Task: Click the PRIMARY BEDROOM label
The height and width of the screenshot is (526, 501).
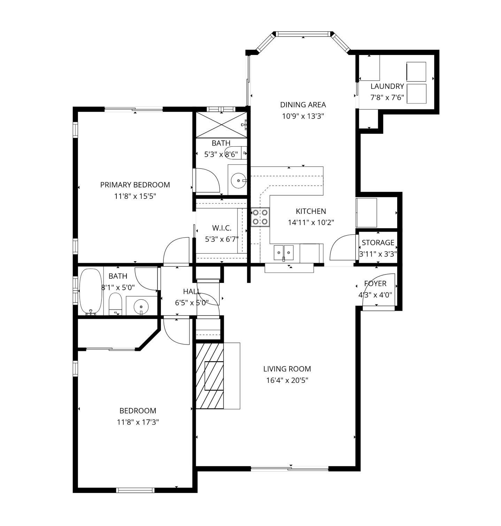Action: pyautogui.click(x=135, y=185)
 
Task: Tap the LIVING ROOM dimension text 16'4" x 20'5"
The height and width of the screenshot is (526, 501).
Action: pyautogui.click(x=287, y=380)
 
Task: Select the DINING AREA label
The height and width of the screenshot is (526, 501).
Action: pyautogui.click(x=303, y=105)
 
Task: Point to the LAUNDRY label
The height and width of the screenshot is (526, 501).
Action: pyautogui.click(x=387, y=86)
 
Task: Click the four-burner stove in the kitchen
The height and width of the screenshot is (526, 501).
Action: pyautogui.click(x=260, y=217)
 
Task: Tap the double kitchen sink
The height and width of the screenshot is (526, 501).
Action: pyautogui.click(x=284, y=253)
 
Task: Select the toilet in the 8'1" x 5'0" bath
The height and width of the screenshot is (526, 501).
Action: pyautogui.click(x=115, y=304)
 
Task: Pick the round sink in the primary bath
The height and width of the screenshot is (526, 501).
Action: pyautogui.click(x=238, y=181)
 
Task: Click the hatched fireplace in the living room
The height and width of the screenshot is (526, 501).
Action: pyautogui.click(x=209, y=376)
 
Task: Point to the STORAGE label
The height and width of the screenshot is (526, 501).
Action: pyautogui.click(x=378, y=242)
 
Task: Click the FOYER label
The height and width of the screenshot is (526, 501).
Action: pyautogui.click(x=375, y=284)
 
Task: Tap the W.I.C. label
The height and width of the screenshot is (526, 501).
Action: pyautogui.click(x=222, y=228)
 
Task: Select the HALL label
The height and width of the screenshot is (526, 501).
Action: pyautogui.click(x=192, y=292)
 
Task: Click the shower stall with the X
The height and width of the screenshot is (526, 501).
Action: pyautogui.click(x=222, y=125)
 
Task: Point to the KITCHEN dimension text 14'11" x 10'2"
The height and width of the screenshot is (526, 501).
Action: pyautogui.click(x=311, y=222)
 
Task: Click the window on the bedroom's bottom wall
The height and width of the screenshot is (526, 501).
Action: pyautogui.click(x=135, y=490)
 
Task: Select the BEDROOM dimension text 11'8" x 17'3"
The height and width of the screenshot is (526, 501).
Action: pyautogui.click(x=138, y=422)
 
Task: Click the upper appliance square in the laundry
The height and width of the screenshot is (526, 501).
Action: pyautogui.click(x=416, y=72)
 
